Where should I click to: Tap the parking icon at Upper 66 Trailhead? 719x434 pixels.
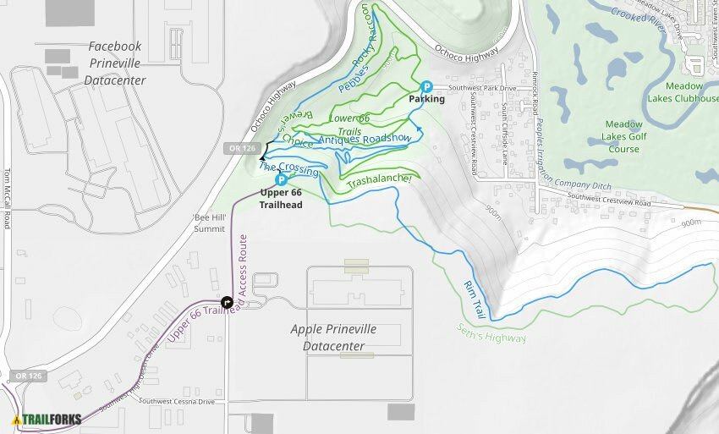coord(281,179)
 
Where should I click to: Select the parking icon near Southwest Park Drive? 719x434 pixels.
coord(427,86)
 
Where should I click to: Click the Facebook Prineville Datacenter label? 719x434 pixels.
coord(115,63)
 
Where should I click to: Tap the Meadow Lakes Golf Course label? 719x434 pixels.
coord(624,136)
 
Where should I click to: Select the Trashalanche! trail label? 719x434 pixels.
coord(380,180)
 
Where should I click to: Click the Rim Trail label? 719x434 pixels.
coord(475,299)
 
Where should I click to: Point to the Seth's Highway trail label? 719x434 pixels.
coord(491,333)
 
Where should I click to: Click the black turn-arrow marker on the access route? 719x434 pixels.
coord(227,302)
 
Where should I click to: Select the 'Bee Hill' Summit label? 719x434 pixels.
coord(209,222)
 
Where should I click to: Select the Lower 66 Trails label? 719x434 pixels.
coord(349,124)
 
